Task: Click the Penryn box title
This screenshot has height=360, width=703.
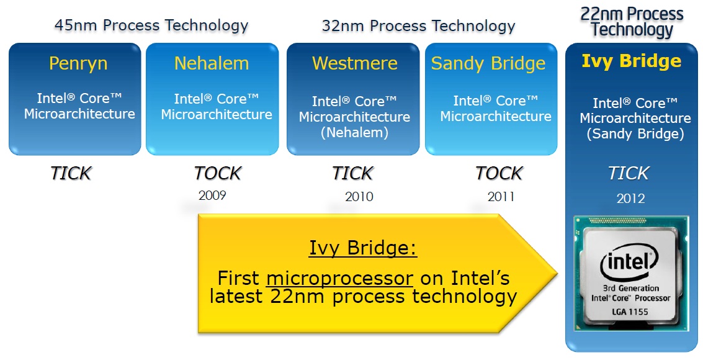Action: click(x=78, y=64)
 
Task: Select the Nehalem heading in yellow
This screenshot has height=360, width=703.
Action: click(x=212, y=63)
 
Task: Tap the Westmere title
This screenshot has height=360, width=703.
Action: click(x=355, y=63)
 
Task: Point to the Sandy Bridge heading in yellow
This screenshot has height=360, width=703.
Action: click(x=488, y=64)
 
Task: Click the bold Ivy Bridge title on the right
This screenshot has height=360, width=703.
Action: click(x=631, y=61)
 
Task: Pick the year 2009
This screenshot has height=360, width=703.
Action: click(x=212, y=196)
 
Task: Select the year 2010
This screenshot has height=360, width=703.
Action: click(x=359, y=196)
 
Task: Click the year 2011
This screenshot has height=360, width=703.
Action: click(x=501, y=196)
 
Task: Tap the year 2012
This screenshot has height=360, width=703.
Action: click(x=630, y=198)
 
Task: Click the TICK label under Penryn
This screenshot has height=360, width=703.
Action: click(x=70, y=173)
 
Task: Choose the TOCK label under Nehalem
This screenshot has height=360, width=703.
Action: click(x=217, y=173)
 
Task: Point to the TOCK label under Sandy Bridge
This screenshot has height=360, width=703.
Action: click(x=499, y=173)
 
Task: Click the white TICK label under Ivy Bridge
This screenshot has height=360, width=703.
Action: click(x=628, y=173)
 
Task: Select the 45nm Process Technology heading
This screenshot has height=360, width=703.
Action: click(x=151, y=25)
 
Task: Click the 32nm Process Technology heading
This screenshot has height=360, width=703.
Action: click(x=418, y=25)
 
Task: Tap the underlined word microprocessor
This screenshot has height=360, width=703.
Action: click(x=339, y=279)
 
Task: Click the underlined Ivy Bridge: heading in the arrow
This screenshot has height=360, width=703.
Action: click(x=363, y=248)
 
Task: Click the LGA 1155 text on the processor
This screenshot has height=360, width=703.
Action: click(x=630, y=312)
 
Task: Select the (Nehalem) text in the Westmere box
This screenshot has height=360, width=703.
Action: click(x=354, y=133)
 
